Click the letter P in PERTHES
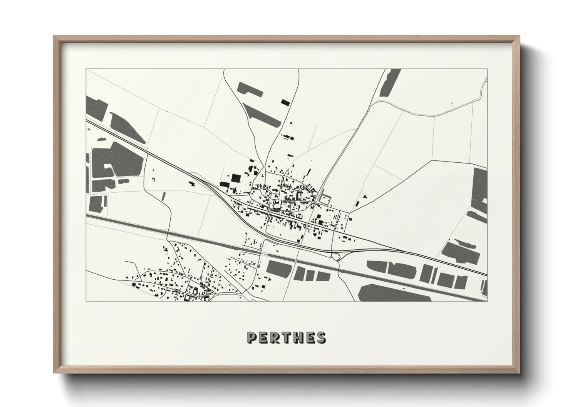[251, 337]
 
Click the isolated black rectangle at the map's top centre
[285, 102]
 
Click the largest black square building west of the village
[235, 178]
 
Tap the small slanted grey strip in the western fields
[164, 196]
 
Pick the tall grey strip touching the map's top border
[390, 83]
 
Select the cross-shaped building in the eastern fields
[357, 203]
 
